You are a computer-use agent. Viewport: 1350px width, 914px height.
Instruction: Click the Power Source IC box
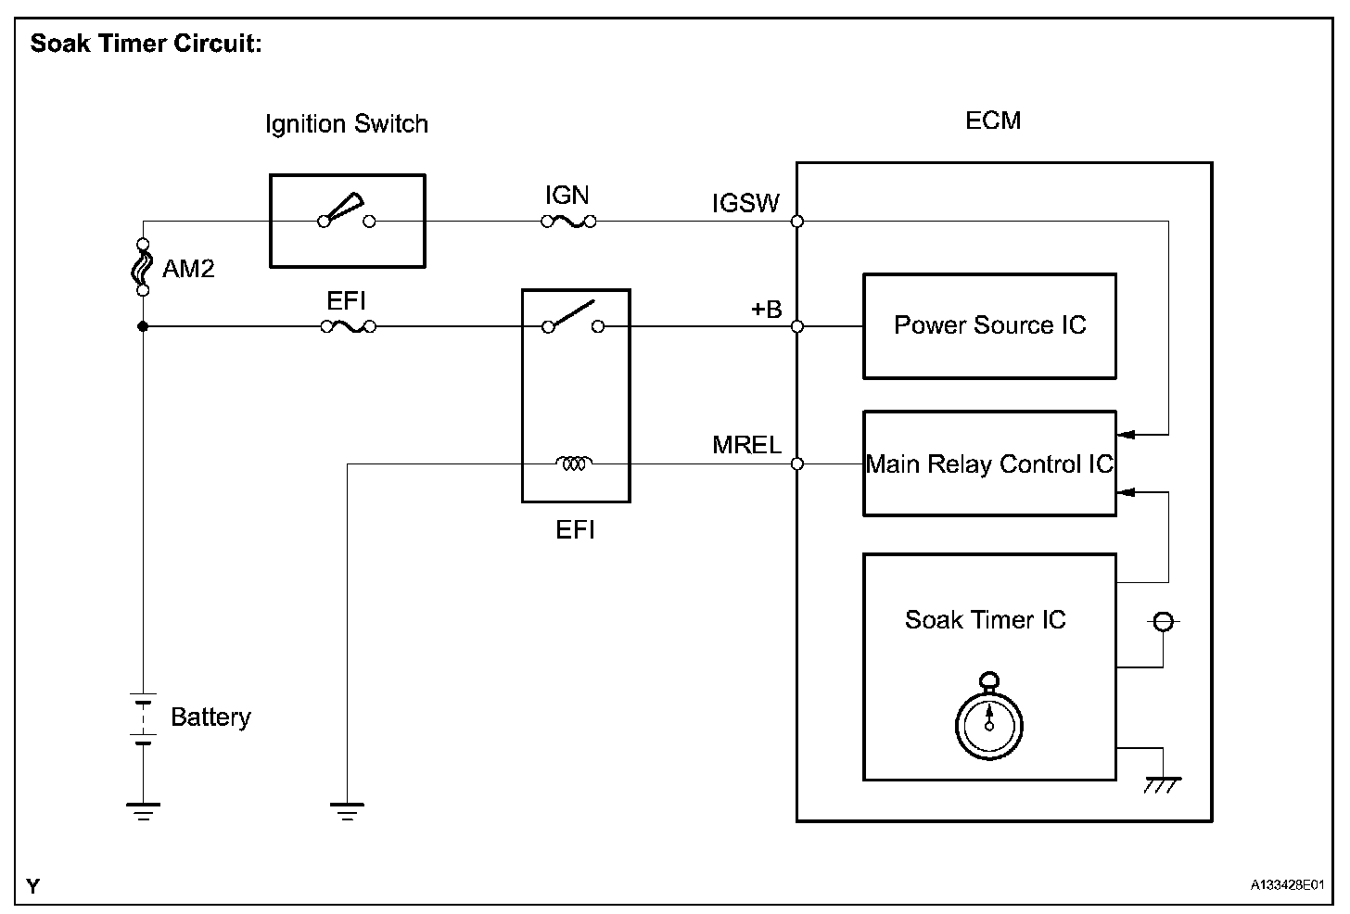(989, 325)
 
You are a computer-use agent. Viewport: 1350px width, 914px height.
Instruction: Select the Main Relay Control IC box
(989, 463)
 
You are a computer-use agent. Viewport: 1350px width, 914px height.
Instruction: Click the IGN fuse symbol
(568, 222)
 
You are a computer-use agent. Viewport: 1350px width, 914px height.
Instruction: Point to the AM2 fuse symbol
(143, 267)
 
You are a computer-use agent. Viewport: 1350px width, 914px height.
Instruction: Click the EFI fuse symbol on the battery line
(348, 326)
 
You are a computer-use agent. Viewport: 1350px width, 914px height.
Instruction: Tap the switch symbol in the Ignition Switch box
(346, 212)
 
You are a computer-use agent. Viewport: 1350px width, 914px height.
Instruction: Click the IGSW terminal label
(745, 204)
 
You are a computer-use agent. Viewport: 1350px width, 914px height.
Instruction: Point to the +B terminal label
(766, 310)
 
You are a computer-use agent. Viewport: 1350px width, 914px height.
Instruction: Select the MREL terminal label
(746, 446)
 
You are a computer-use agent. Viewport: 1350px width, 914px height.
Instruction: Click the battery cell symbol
(143, 717)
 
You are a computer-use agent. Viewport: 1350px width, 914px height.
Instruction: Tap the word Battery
(210, 717)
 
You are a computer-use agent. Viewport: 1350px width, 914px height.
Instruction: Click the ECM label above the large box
(993, 121)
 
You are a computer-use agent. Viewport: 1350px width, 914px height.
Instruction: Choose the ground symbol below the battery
(143, 811)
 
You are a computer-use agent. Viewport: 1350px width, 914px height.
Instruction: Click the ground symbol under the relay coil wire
(347, 811)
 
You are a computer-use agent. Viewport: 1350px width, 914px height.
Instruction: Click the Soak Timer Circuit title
(146, 44)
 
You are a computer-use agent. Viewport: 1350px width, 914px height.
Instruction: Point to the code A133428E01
(1286, 886)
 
